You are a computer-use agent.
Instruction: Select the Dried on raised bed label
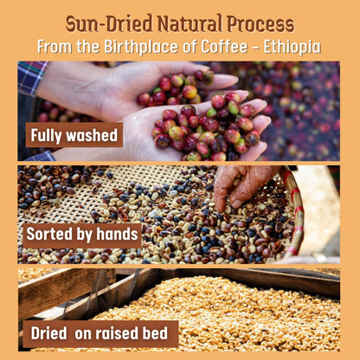[x=101, y=333]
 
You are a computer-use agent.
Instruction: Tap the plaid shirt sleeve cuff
[x=33, y=76]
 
